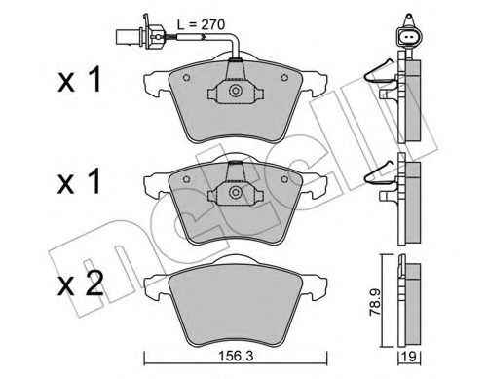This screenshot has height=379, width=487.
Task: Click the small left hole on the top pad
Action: [184, 80]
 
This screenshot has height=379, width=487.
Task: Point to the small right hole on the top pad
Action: [283, 80]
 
